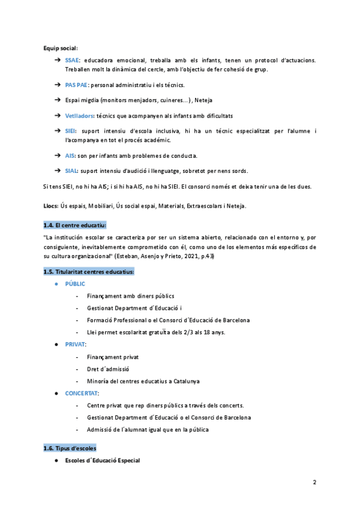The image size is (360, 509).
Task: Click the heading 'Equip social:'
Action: point(61,48)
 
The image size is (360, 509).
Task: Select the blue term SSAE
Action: point(72,60)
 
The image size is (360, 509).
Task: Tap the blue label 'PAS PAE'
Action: point(76,85)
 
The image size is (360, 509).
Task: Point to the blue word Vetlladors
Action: point(80,115)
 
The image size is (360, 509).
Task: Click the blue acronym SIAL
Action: point(71,170)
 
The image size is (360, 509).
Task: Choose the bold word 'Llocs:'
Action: point(50,206)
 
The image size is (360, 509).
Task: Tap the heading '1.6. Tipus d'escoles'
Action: point(70,448)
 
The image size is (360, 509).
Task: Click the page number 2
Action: point(314,482)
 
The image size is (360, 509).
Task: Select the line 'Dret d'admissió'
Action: point(108,369)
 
